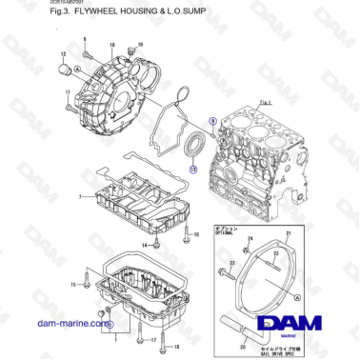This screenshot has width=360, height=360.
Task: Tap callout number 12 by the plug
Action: coord(62,55)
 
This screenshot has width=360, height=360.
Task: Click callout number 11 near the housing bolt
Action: coord(69,92)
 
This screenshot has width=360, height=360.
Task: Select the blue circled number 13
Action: coord(193,168)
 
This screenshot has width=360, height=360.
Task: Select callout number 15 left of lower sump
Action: coord(73,285)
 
